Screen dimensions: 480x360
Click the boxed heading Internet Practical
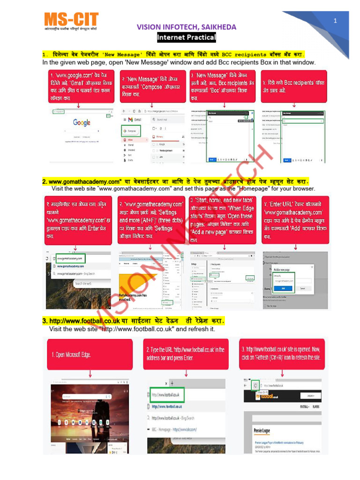[x=186, y=37]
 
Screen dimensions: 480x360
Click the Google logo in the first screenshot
[x=82, y=122]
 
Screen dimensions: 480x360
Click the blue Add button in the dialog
[x=286, y=288]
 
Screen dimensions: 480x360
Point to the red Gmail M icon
[x=131, y=120]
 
